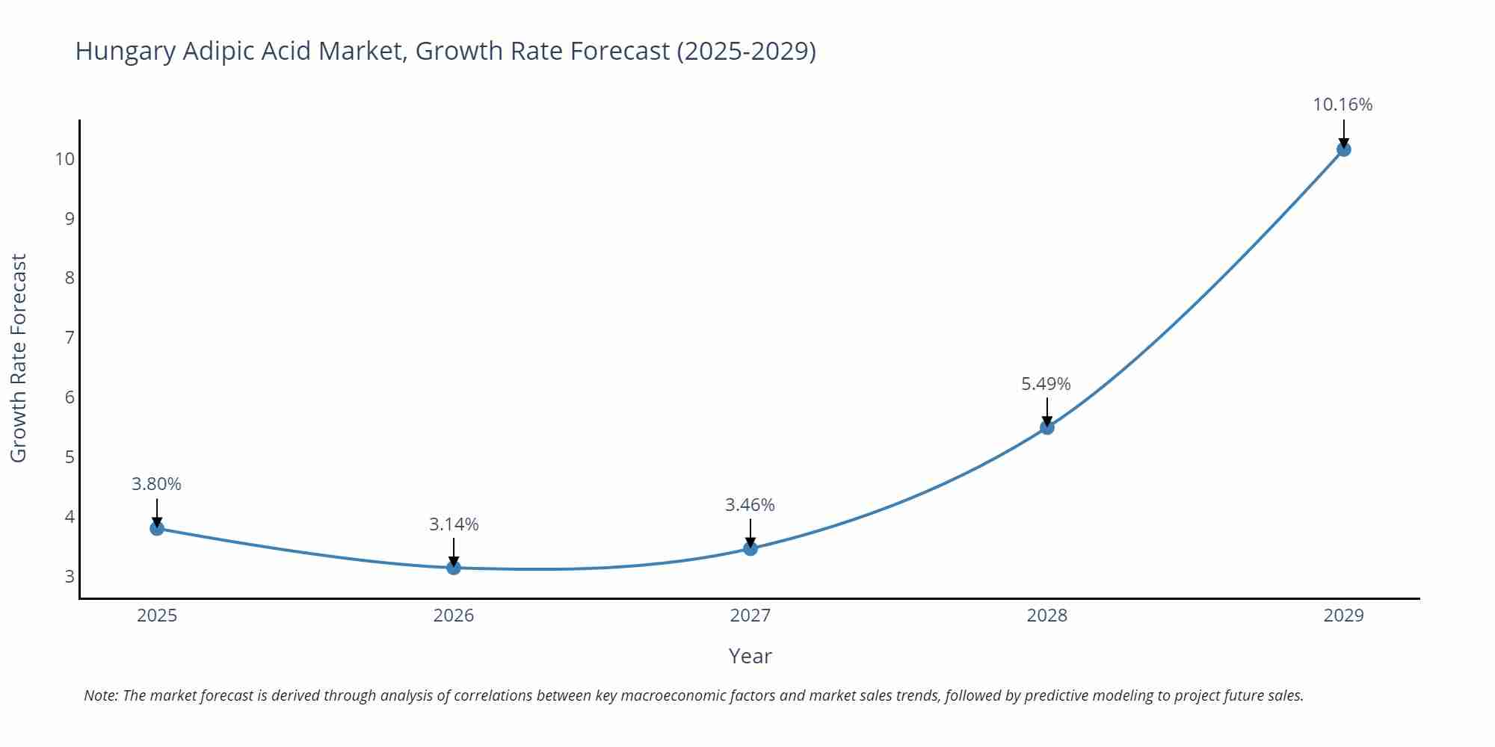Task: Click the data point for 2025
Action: pos(157,528)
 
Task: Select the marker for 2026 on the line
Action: pos(454,568)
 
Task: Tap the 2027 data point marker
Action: pos(750,548)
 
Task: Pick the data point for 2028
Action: pos(1047,427)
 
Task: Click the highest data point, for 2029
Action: pos(1343,149)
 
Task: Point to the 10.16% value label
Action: pos(1343,105)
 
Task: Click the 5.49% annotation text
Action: pos(1046,384)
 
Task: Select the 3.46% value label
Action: pos(750,505)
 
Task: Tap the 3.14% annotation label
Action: pos(454,524)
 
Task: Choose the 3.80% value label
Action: pos(156,484)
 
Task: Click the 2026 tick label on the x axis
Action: pos(454,616)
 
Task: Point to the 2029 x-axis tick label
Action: pos(1343,616)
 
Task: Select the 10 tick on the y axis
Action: pos(65,159)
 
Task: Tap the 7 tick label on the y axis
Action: pos(70,338)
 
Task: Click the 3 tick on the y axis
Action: pos(70,577)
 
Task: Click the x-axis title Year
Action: pos(750,656)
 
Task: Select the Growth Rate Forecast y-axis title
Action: pos(19,358)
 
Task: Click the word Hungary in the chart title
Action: pos(125,52)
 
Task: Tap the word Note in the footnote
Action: pos(100,695)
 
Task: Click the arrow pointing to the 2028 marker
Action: pos(1047,411)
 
